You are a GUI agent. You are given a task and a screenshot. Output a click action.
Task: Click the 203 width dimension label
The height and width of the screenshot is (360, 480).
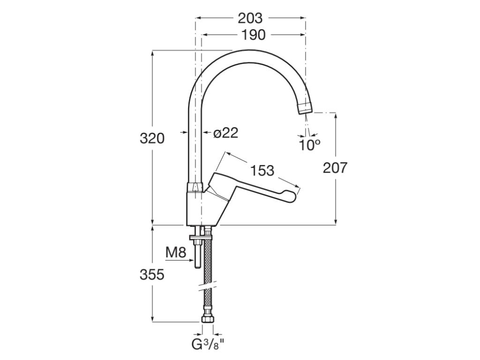tap(250, 18)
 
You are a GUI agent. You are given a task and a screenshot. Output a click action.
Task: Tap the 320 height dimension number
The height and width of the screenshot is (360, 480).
tap(152, 138)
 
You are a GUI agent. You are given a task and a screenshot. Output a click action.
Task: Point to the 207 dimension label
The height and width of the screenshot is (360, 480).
tap(336, 168)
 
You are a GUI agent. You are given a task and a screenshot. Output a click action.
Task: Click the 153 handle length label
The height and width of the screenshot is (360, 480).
tap(262, 171)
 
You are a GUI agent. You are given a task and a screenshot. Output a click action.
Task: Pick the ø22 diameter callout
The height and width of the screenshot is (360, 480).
tap(225, 133)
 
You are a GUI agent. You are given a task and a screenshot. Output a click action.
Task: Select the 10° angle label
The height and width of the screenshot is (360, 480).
tap(309, 145)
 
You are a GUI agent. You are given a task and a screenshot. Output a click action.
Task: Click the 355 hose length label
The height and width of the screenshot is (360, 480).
tap(152, 275)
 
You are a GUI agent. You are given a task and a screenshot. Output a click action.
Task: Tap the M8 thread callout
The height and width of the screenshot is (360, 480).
tap(176, 253)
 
